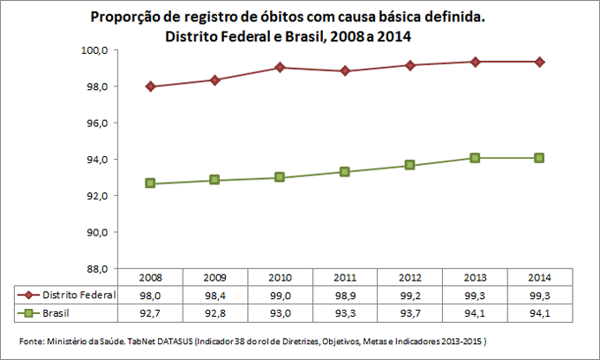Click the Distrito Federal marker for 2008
click(151, 86)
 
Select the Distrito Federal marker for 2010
click(279, 67)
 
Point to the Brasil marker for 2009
click(215, 180)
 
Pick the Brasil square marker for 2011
click(344, 171)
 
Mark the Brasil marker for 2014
click(538, 158)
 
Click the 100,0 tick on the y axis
click(94, 50)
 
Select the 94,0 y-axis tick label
click(95, 160)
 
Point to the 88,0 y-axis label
click(95, 269)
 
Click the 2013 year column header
click(475, 277)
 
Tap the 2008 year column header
click(151, 277)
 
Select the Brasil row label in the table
click(58, 313)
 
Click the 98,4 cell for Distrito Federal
click(215, 295)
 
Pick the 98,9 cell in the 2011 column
click(345, 295)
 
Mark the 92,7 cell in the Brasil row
click(151, 313)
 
